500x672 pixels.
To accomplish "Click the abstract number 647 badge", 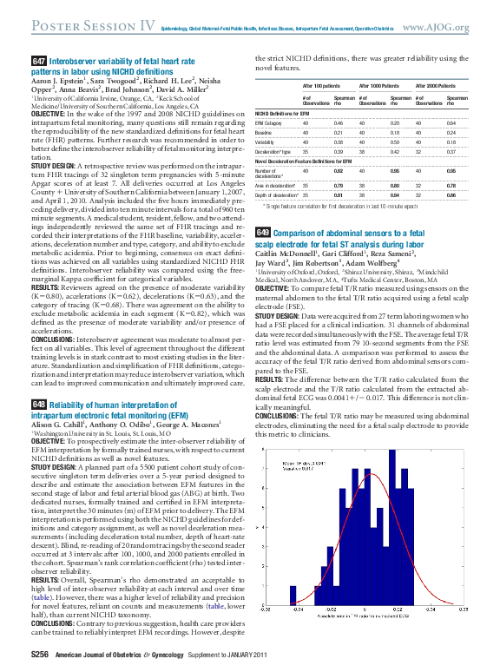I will (x=38, y=61).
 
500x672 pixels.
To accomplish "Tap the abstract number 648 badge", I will (x=38, y=405).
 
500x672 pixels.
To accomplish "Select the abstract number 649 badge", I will (x=262, y=208).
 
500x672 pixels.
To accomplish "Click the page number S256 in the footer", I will (x=40, y=654).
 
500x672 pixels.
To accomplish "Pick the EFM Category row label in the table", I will (x=271, y=124).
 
